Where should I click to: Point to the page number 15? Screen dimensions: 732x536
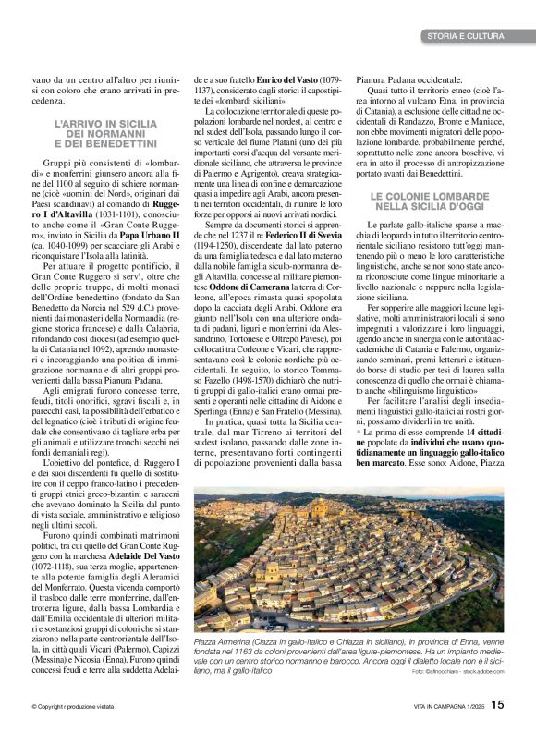(497, 705)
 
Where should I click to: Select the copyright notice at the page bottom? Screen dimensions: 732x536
(77, 707)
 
